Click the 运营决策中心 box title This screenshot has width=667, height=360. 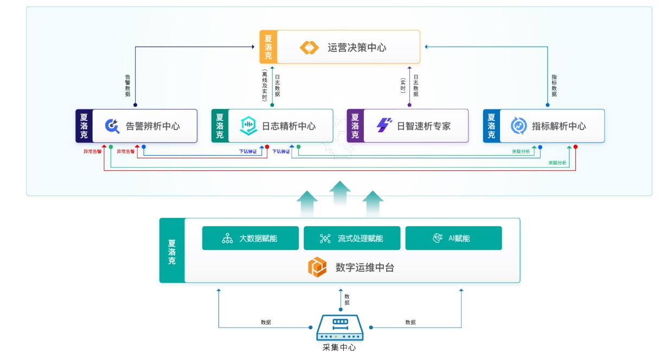point(356,48)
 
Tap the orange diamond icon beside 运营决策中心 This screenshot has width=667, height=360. point(310,48)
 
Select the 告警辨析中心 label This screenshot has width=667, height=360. point(153,126)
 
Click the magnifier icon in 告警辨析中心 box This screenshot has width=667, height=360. point(112,126)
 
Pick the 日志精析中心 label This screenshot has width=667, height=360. point(288,126)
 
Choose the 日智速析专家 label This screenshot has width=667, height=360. point(424,126)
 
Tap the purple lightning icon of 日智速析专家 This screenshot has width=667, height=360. point(384,126)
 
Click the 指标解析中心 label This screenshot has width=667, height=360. point(559,126)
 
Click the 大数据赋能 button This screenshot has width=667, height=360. point(250,239)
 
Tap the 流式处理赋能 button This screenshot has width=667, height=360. point(352,239)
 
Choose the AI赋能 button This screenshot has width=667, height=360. point(453,239)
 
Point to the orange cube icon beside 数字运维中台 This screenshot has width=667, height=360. point(317,267)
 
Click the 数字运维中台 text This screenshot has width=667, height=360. point(364,267)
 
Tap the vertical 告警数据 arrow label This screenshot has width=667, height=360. point(127,85)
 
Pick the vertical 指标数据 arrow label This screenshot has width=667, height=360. point(554,85)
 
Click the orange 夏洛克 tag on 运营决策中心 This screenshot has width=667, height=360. point(268,47)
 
